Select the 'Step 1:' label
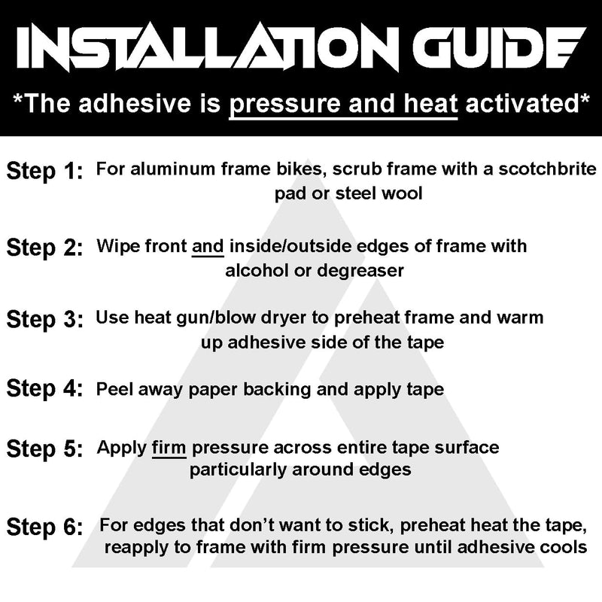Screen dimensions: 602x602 44,172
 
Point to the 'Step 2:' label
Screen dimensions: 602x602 44,248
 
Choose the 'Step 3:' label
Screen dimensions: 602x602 44,319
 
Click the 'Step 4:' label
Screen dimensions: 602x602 44,388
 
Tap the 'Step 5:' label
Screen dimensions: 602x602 44,448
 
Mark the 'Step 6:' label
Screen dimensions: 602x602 44,527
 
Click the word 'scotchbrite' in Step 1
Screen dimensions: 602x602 547,169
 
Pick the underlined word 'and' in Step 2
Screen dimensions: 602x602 208,247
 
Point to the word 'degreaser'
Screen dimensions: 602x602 360,272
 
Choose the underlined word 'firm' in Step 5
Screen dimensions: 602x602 169,448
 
